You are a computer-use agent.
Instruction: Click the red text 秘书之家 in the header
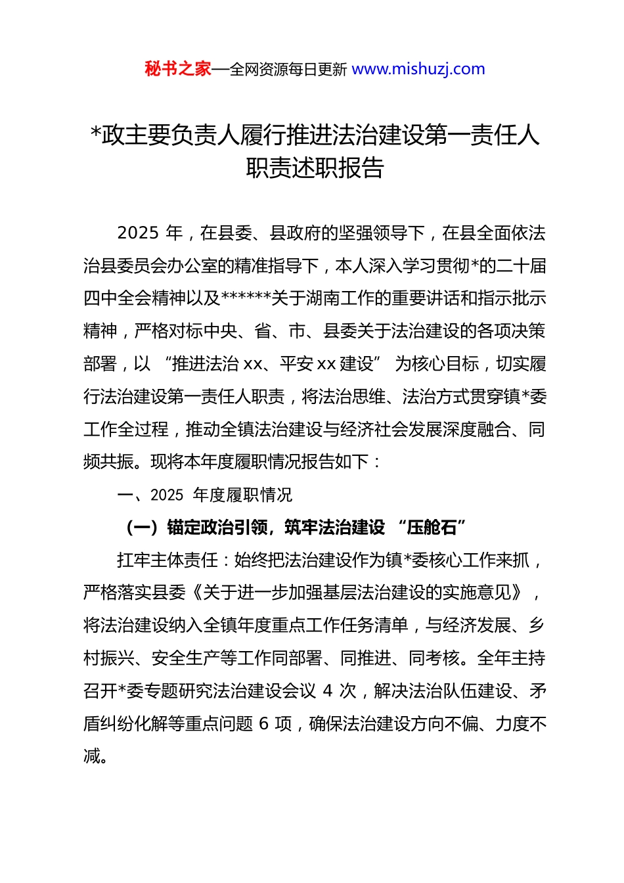tap(178, 69)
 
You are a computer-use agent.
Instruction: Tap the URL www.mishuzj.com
tap(418, 69)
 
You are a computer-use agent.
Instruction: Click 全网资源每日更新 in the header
tap(288, 70)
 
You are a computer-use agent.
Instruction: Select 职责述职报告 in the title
tap(315, 168)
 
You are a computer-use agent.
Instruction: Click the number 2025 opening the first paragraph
tap(138, 233)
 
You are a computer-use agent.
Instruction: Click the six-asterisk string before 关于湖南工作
tap(246, 298)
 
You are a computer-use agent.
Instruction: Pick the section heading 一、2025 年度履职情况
tap(204, 495)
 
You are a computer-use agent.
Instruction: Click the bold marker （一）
tap(142, 528)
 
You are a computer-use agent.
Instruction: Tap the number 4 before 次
tap(328, 691)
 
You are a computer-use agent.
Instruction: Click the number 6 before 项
tap(264, 724)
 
